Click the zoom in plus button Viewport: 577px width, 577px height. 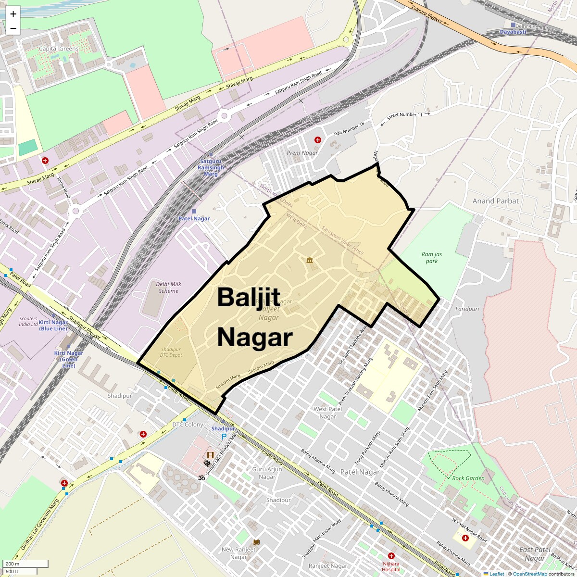coord(13,14)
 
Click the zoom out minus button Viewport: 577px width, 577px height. coord(13,28)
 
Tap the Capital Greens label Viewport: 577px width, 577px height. coord(59,49)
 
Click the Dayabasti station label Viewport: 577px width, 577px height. coord(513,32)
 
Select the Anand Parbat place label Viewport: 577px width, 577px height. coord(495,201)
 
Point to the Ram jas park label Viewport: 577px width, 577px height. coord(431,258)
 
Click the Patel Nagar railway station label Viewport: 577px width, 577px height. coord(194,218)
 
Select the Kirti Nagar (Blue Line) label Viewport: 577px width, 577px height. coord(53,326)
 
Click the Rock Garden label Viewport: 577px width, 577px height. coord(468,478)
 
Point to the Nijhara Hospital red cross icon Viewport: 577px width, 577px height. coord(391,556)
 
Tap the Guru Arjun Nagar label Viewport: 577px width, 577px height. coord(267,473)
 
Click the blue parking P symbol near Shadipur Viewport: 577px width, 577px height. coord(224,436)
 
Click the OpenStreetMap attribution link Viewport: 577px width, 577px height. coord(529,574)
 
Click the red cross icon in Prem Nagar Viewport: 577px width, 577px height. coord(318,140)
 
